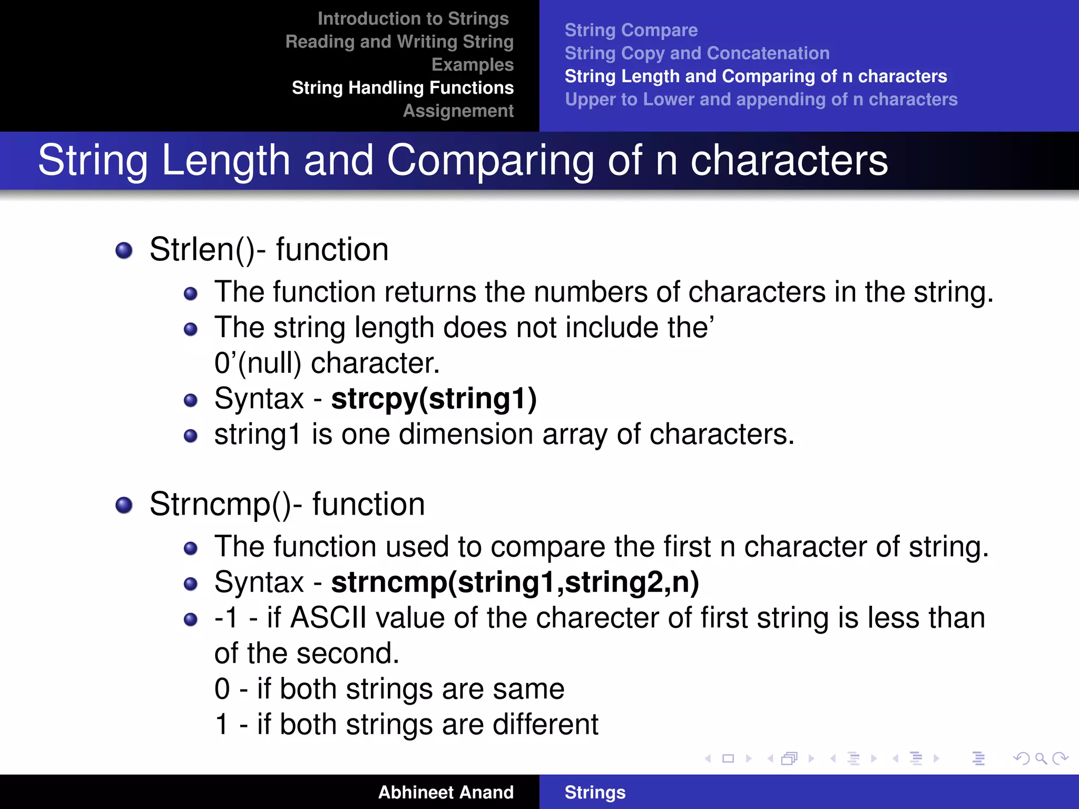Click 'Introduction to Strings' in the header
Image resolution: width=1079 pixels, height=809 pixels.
tap(413, 18)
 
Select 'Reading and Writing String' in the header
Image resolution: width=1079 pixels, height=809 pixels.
tap(399, 42)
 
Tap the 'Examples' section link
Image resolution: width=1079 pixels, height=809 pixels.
tap(472, 64)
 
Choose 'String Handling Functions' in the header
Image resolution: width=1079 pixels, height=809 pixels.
tap(403, 87)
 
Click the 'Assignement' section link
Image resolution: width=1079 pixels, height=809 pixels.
tap(458, 111)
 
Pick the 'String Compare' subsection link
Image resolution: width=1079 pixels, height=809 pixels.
tap(631, 30)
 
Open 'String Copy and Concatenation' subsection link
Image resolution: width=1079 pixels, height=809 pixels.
tap(697, 53)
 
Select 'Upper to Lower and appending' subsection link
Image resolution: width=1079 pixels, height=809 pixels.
tap(761, 99)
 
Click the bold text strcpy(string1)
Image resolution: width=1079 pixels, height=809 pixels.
tap(434, 398)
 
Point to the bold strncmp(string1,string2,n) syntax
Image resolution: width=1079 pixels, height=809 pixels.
tap(515, 582)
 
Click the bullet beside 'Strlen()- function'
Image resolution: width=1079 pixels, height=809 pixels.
tap(124, 250)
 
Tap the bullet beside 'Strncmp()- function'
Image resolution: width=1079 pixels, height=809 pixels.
tap(124, 505)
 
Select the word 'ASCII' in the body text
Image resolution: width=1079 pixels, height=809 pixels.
tap(328, 617)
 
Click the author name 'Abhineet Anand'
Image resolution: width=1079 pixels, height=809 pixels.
tap(445, 792)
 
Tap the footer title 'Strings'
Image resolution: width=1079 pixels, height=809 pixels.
tap(595, 792)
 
